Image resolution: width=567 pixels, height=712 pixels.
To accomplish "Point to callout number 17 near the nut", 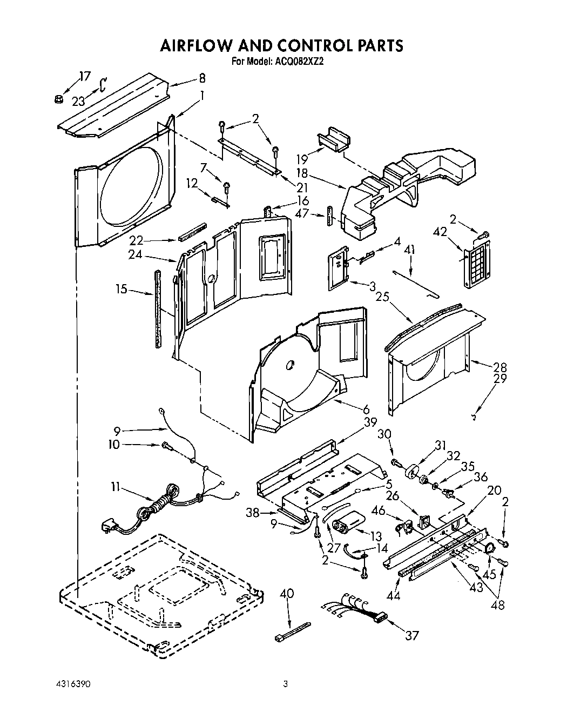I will [84, 76].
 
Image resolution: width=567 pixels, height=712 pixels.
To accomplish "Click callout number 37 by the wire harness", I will [412, 635].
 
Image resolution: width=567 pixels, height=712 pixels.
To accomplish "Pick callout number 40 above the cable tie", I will [287, 593].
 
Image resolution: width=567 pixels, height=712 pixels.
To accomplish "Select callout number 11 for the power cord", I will [114, 487].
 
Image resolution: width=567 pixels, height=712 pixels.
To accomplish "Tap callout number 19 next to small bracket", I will [302, 159].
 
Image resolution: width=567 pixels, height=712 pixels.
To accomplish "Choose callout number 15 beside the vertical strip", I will [122, 289].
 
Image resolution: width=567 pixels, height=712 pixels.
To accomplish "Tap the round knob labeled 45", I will [490, 549].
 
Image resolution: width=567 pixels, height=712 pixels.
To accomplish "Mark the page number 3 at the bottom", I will [286, 684].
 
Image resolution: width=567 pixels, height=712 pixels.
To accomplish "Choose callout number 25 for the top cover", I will [382, 297].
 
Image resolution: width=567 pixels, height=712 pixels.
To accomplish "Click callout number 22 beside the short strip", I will [136, 239].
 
